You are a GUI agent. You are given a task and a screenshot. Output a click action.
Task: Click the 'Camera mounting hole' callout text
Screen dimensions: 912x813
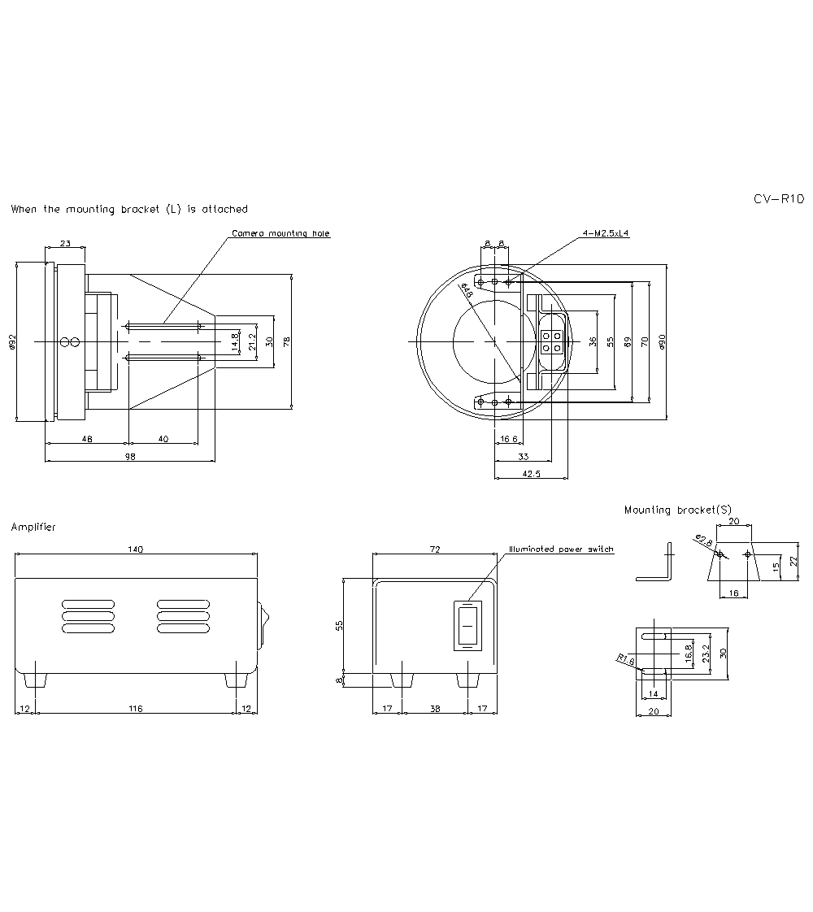280,233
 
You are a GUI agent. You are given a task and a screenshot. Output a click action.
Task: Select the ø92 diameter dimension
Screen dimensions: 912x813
13,342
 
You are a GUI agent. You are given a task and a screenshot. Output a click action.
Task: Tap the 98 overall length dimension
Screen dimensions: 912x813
130,457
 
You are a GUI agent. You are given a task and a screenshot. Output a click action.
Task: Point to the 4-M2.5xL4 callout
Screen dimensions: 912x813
606,233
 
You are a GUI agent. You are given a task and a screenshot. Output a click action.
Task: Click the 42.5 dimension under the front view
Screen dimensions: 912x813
531,473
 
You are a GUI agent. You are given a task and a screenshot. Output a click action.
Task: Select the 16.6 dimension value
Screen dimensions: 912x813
509,439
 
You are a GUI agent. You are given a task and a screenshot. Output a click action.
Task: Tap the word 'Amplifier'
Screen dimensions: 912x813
33,528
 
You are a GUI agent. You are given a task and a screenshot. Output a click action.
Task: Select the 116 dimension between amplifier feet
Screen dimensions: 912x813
135,709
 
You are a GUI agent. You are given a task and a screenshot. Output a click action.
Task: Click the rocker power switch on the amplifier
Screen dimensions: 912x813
467,626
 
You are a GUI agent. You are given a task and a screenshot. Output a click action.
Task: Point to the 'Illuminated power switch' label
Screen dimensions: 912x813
561,549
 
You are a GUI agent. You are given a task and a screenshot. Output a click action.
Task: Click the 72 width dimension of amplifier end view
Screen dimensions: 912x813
434,549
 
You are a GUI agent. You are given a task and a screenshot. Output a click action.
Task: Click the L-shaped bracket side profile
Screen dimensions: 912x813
659,565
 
